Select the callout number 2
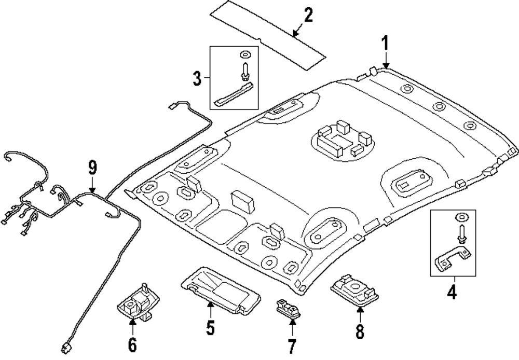[308, 15]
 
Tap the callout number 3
[197, 79]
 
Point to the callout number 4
[452, 293]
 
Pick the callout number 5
[210, 327]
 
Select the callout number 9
[92, 168]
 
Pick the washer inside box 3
[245, 53]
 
